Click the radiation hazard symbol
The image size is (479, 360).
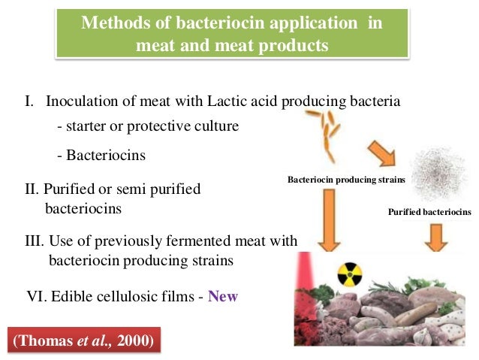pyautogui.click(x=350, y=275)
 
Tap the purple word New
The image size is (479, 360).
pyautogui.click(x=223, y=296)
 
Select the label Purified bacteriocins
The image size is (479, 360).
pyautogui.click(x=429, y=213)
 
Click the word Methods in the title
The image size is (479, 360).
pyautogui.click(x=110, y=23)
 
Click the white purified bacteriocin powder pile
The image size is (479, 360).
pyautogui.click(x=438, y=173)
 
